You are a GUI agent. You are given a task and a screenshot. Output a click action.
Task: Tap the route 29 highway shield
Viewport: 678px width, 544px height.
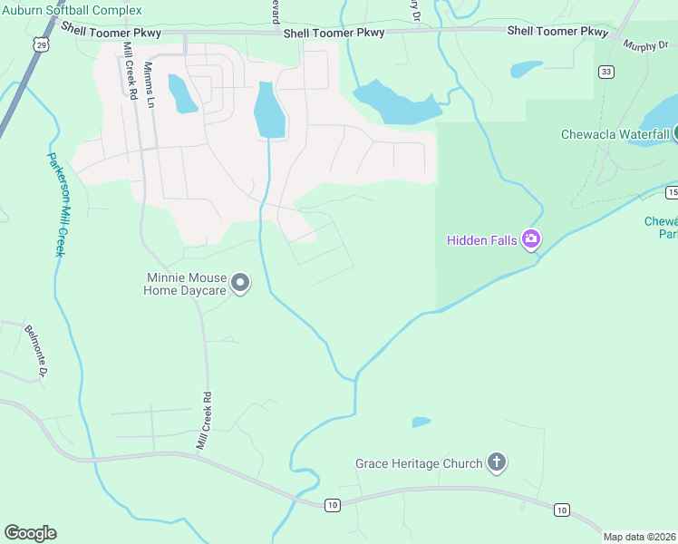[x=37, y=43]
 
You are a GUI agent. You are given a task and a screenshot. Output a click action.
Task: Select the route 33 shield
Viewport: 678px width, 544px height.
[x=605, y=72]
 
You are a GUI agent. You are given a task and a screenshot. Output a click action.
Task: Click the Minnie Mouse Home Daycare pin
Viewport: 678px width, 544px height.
[x=240, y=284]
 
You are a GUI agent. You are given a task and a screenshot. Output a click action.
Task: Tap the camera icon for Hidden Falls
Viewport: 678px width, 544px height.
[x=531, y=240]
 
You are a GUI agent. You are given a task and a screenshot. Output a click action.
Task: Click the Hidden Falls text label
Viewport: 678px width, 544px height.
[x=481, y=240]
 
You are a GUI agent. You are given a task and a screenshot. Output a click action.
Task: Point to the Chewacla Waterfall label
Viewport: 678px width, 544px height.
[x=615, y=134]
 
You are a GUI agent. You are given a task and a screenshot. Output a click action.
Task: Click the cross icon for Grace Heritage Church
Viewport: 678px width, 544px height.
[x=496, y=463]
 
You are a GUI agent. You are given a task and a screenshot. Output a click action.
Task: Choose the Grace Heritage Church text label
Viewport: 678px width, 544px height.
[x=419, y=464]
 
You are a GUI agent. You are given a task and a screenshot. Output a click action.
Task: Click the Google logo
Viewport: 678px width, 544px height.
[x=30, y=533]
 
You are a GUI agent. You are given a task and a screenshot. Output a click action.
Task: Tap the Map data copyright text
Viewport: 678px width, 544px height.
[x=640, y=537]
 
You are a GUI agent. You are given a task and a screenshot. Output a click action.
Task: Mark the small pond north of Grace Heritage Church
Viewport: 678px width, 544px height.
[x=421, y=422]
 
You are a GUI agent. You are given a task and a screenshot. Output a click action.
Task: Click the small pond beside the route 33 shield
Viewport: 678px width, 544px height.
[x=527, y=69]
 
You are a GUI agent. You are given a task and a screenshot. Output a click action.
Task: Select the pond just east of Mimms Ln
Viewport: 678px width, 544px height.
[x=182, y=94]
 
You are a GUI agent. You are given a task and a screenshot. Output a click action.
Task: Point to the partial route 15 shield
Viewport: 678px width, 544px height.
[x=672, y=192]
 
